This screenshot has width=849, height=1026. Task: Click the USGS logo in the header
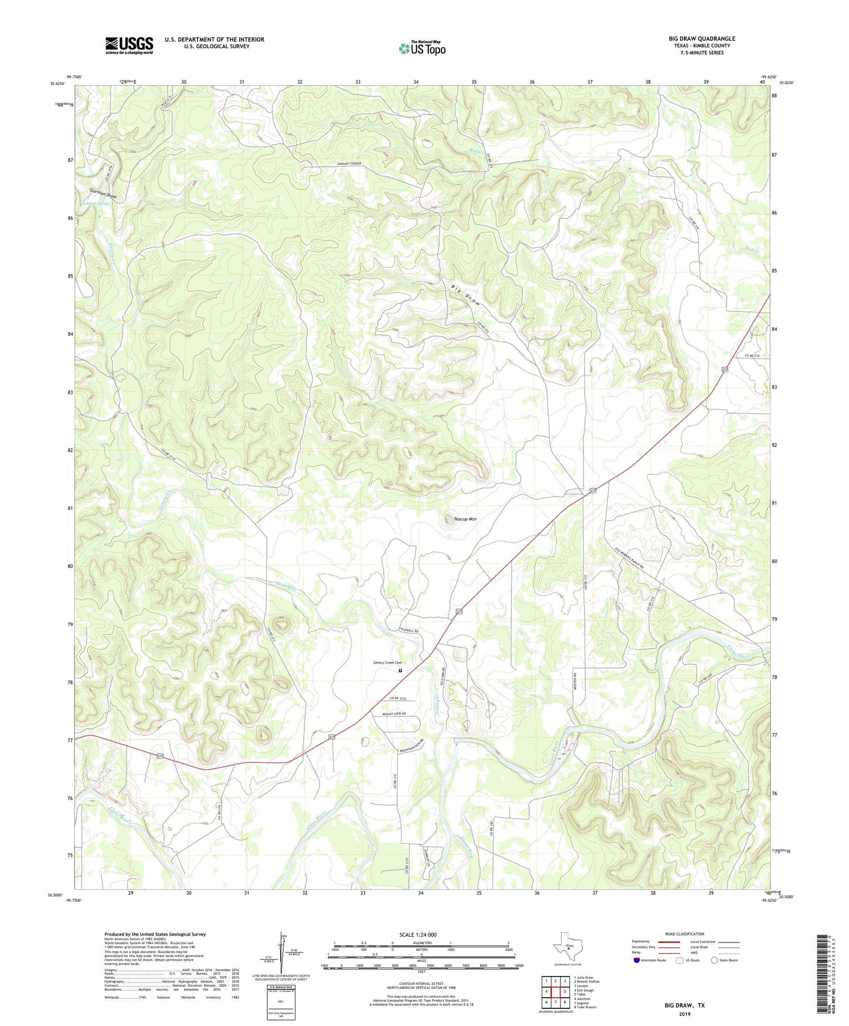tap(129, 45)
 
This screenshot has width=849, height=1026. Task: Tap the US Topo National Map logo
tap(422, 48)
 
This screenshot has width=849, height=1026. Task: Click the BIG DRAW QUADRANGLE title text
tap(702, 39)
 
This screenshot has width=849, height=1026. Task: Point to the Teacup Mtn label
tap(465, 519)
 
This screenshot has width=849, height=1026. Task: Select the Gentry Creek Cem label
tap(388, 663)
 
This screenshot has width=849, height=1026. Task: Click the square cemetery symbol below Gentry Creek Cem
tap(401, 670)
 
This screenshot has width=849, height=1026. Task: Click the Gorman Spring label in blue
tap(96, 203)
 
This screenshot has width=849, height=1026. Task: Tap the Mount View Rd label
tap(394, 713)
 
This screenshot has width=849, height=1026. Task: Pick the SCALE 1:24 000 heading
tap(417, 934)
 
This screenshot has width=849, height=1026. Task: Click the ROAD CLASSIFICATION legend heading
tap(684, 934)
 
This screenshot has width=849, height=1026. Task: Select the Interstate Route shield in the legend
tap(637, 960)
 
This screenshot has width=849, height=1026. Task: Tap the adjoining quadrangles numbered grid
tap(555, 990)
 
